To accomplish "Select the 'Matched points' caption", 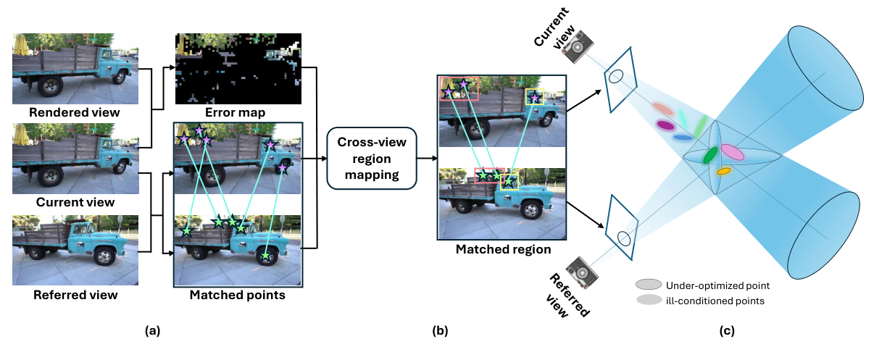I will [x=237, y=295].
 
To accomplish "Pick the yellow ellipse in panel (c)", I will [x=723, y=172].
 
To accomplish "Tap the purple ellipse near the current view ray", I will [x=665, y=125].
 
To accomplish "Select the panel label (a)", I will [x=152, y=332].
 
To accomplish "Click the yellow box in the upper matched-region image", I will [x=535, y=96].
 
